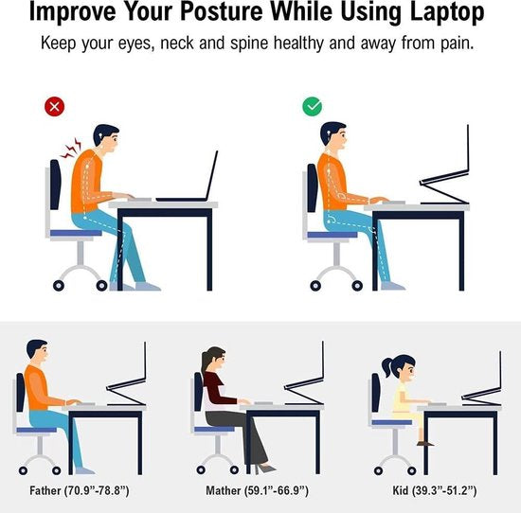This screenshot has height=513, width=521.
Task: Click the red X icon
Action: click(55, 107)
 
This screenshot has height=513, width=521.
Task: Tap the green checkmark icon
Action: click(312, 107)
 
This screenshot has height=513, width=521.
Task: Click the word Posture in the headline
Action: click(222, 12)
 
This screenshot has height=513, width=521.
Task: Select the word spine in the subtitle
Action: click(249, 44)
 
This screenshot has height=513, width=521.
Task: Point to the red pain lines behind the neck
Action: click(71, 149)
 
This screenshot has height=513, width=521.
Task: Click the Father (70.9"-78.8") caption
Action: click(80, 490)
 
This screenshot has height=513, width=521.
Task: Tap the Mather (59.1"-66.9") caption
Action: click(257, 490)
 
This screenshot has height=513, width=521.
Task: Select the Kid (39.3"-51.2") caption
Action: click(435, 490)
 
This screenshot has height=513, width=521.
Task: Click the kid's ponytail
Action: click(387, 367)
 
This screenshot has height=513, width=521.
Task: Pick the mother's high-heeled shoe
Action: click(264, 469)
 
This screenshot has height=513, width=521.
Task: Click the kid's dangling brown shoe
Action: click(425, 443)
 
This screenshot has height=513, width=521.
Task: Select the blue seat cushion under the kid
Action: click(392, 422)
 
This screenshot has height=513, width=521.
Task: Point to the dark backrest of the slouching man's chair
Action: click(56, 185)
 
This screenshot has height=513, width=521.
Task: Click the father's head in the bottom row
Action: click(37, 351)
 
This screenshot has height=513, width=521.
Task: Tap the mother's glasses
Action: click(223, 359)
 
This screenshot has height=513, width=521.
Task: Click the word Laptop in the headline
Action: click(447, 12)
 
